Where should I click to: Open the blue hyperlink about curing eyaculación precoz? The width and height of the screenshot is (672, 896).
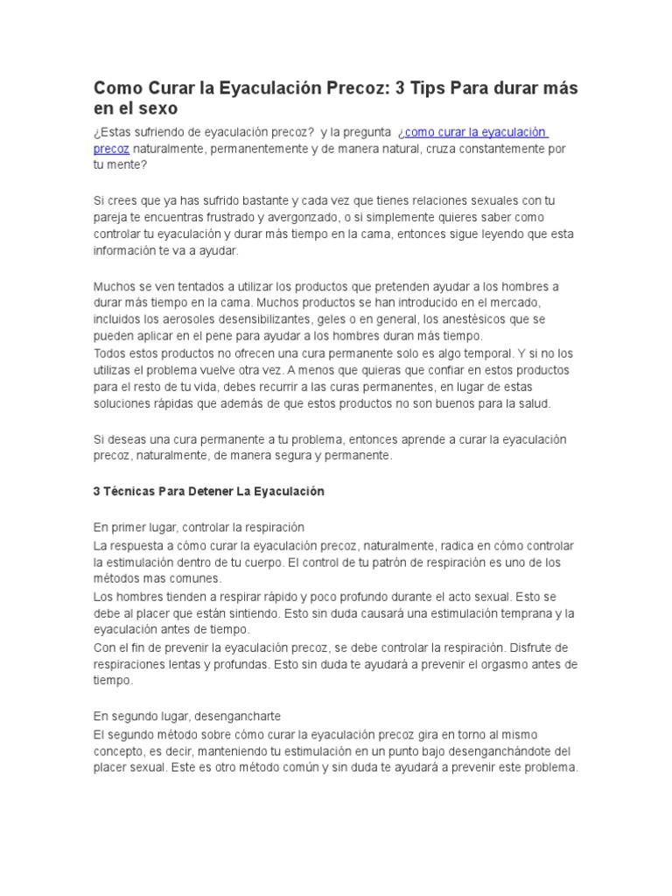(472, 132)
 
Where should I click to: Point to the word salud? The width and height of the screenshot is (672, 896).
(531, 403)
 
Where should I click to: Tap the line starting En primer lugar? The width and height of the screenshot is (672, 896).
(199, 528)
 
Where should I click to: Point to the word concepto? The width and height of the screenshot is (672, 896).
(120, 751)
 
